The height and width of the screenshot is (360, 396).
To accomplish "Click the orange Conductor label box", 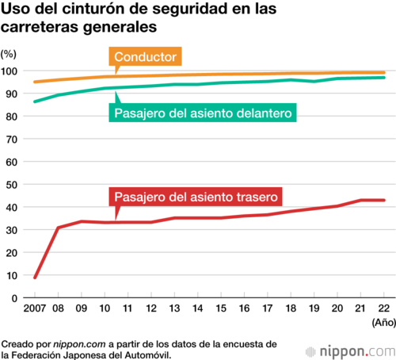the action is [145, 56].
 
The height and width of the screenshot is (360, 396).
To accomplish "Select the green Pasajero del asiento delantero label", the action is [203, 113].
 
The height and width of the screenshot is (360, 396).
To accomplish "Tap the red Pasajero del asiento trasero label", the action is [196, 197].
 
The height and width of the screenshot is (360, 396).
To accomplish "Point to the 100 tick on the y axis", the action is [9, 71].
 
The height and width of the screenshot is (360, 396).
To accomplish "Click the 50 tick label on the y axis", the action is [12, 185].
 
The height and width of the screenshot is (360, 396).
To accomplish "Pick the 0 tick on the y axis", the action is [14, 298].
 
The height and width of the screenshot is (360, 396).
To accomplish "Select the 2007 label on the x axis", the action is [35, 308].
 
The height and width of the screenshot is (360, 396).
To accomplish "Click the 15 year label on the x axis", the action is [221, 308].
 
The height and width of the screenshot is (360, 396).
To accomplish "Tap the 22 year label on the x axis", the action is [384, 308].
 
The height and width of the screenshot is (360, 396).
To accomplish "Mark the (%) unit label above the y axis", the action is [9, 54].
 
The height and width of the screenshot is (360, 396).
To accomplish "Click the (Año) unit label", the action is [384, 323].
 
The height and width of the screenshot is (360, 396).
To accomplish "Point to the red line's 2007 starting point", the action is [35, 278].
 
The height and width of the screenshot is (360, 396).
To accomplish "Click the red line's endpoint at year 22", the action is [384, 200].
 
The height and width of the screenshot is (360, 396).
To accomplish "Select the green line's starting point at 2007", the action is [35, 101].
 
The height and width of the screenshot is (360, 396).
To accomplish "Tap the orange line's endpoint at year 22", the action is [384, 73].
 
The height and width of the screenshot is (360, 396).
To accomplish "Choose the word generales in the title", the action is [120, 27].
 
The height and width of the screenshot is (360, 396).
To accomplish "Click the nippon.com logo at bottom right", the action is [350, 351].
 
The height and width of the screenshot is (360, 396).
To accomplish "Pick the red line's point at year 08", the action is [58, 228].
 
